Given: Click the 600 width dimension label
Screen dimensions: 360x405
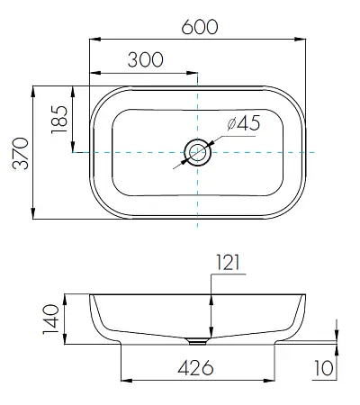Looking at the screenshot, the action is click(200, 27).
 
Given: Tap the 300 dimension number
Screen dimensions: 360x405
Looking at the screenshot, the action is click(146, 59).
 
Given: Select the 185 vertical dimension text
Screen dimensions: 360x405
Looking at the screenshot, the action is click(59, 119).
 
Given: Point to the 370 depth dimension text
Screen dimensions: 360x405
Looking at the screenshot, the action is click(21, 153).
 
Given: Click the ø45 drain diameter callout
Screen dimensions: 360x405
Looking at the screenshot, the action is click(244, 123).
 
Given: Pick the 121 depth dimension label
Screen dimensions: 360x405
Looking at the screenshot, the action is click(228, 263).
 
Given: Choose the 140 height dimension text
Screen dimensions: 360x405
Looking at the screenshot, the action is click(50, 319).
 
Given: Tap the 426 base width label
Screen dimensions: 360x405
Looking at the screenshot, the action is click(195, 368).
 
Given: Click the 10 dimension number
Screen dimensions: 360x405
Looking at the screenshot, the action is click(324, 368).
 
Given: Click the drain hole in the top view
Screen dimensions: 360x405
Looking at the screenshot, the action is click(197, 152).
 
